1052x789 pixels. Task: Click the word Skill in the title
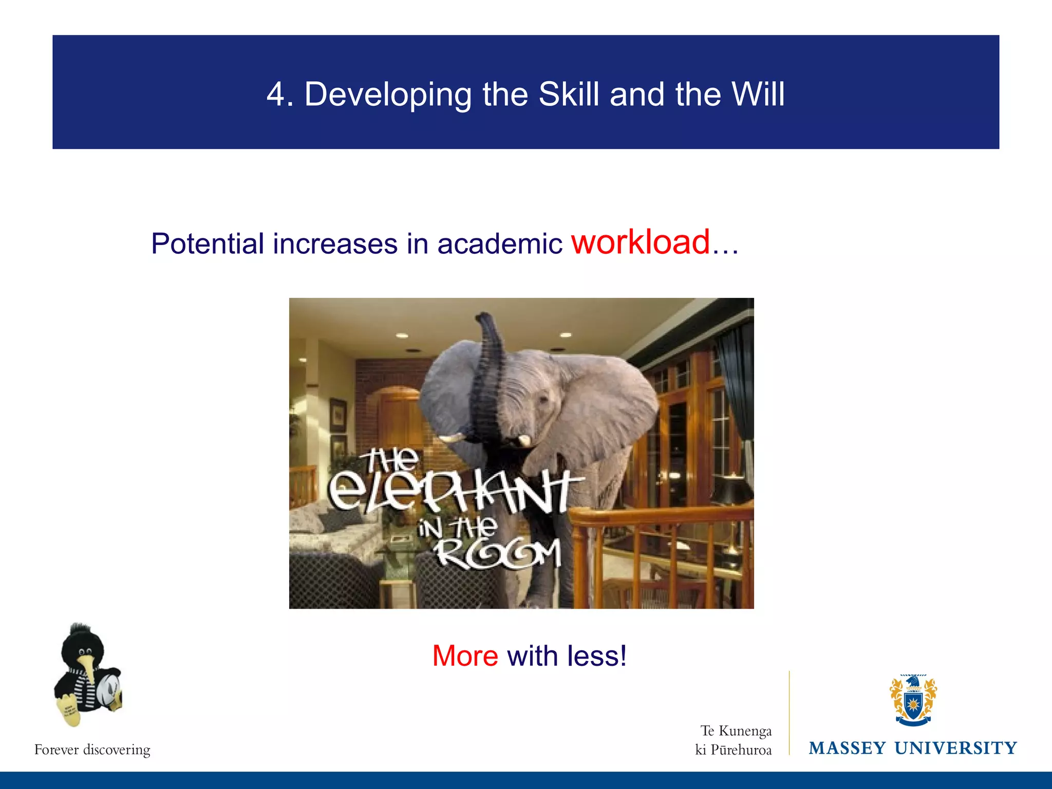point(569,95)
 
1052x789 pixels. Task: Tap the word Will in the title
point(757,95)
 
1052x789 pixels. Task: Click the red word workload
point(641,242)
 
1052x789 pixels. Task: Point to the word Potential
point(207,244)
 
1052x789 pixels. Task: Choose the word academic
point(499,244)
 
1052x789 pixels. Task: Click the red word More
point(465,656)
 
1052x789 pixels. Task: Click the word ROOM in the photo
point(497,555)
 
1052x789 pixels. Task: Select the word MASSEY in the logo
point(847,748)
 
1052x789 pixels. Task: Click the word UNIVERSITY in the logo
point(955,748)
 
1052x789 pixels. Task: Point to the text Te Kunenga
point(736,730)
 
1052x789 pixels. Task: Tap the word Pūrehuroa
point(741,750)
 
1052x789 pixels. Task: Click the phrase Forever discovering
point(92,749)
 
